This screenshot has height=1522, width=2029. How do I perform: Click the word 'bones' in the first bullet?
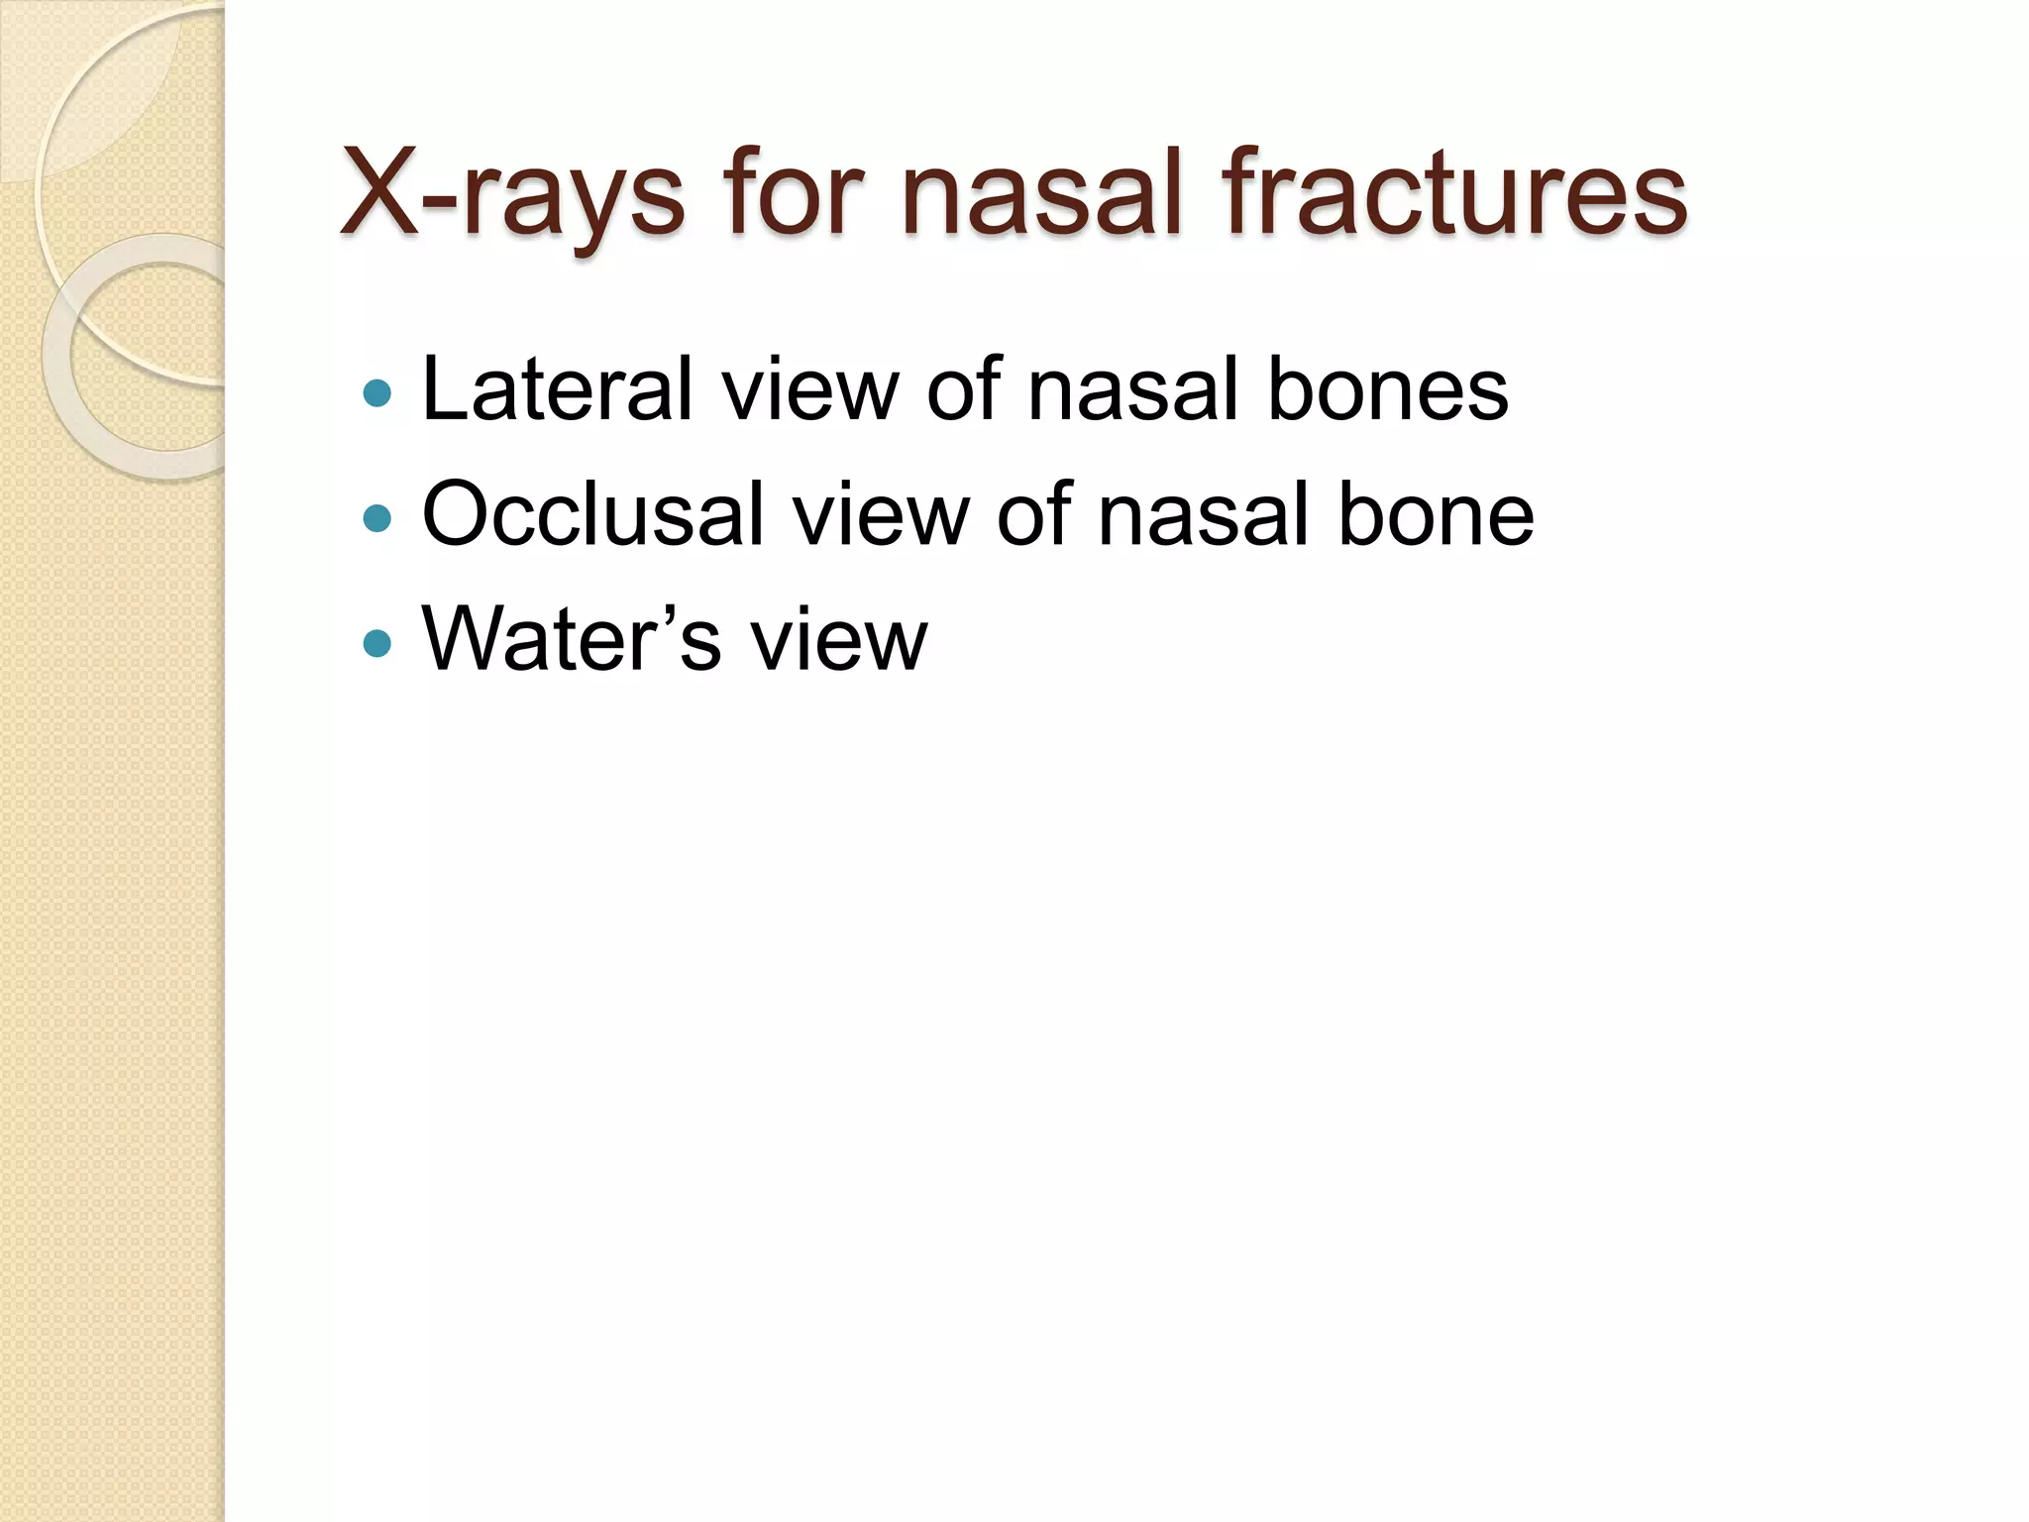coord(1387,389)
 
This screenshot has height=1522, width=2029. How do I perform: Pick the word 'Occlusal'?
coord(592,514)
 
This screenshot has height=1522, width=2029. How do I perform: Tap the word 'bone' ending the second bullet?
coord(1436,514)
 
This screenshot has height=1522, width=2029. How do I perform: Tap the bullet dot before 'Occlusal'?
coord(377,518)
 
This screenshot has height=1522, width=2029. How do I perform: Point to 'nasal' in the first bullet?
coord(1133,389)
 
